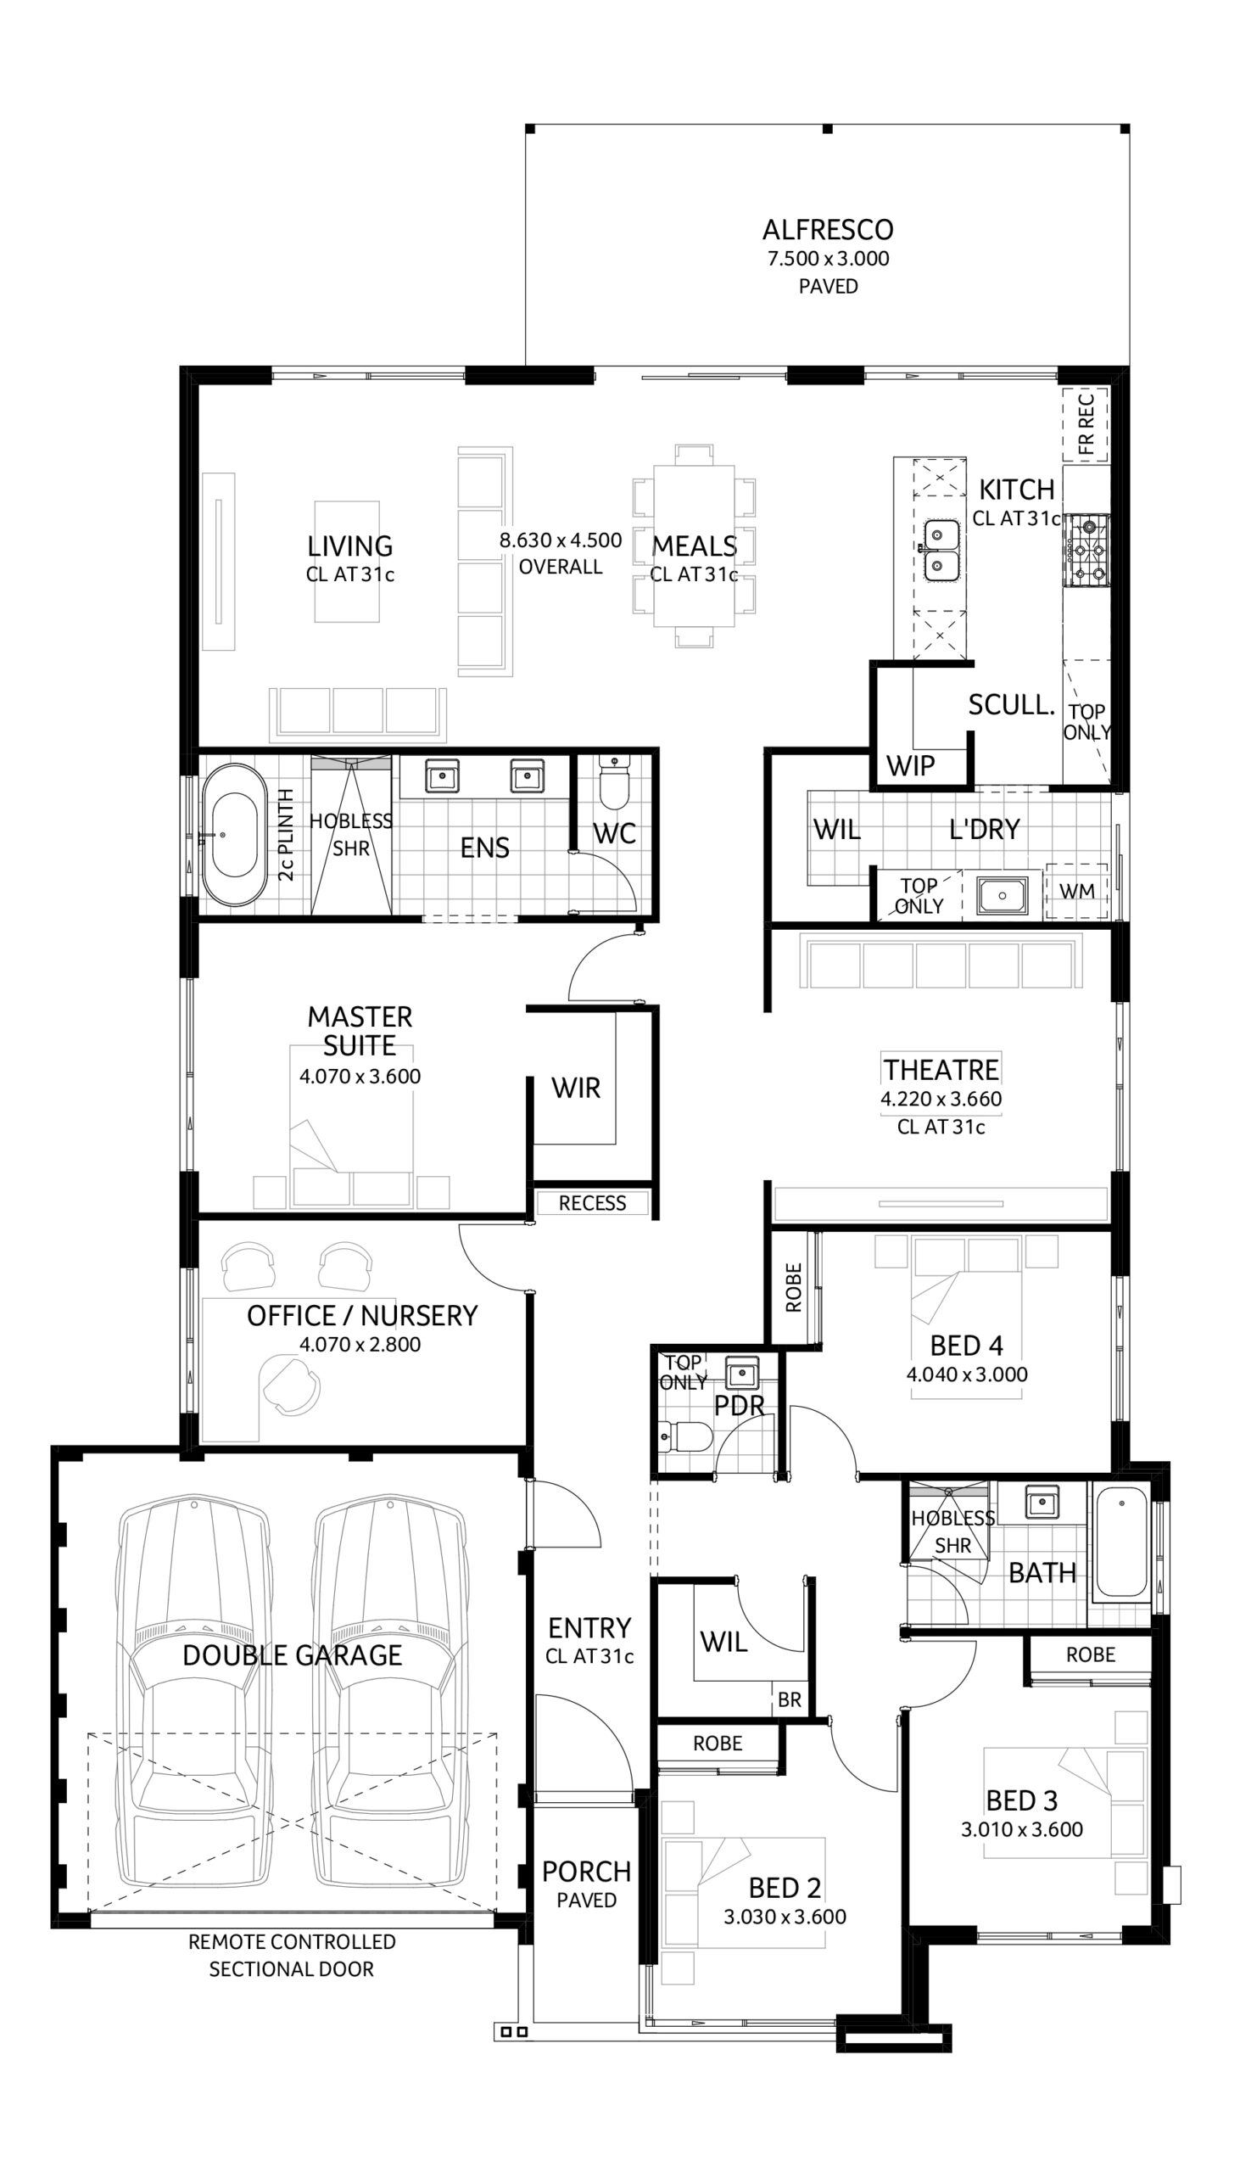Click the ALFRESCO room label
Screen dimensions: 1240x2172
(x=828, y=230)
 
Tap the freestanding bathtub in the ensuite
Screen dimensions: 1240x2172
(x=234, y=836)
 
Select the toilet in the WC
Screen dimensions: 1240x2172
(x=613, y=782)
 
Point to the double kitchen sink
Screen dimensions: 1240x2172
(x=941, y=551)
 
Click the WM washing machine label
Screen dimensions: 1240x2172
(x=1076, y=891)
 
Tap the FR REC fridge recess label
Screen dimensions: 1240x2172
(x=1086, y=424)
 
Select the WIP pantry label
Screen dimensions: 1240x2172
(x=910, y=766)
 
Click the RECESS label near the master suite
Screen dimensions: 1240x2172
(x=592, y=1204)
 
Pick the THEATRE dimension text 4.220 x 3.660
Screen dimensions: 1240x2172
(x=941, y=1099)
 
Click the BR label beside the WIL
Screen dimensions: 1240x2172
(x=789, y=1700)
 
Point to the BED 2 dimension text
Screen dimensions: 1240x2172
(x=785, y=1917)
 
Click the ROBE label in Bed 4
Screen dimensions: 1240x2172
(x=794, y=1287)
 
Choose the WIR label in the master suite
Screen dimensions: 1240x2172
(x=576, y=1088)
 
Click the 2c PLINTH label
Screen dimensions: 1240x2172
(x=286, y=835)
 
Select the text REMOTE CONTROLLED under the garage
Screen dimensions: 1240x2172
(x=292, y=1942)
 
